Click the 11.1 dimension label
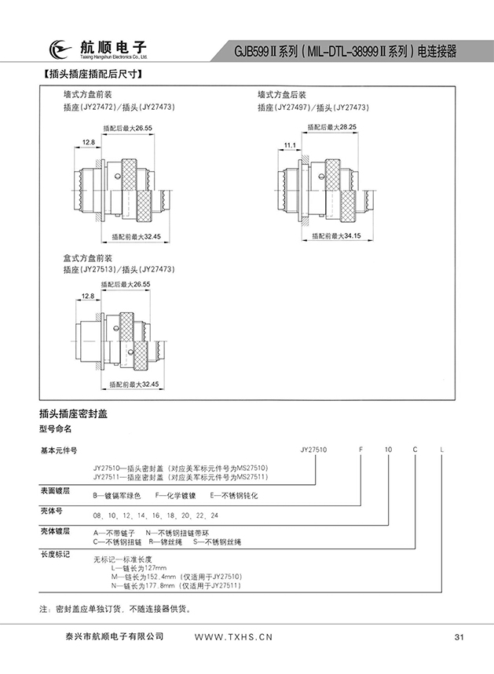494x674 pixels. pyautogui.click(x=289, y=145)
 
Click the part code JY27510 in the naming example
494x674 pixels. pyautogui.click(x=314, y=450)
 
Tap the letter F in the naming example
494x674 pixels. pyautogui.click(x=361, y=450)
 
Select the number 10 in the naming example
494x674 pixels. pyautogui.click(x=388, y=450)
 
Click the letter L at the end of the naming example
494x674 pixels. pyautogui.click(x=442, y=450)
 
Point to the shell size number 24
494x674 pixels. pyautogui.click(x=214, y=515)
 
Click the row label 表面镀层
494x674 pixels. pyautogui.click(x=55, y=490)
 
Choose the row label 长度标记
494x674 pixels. pyautogui.click(x=55, y=554)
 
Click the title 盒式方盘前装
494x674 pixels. pyautogui.click(x=88, y=258)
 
